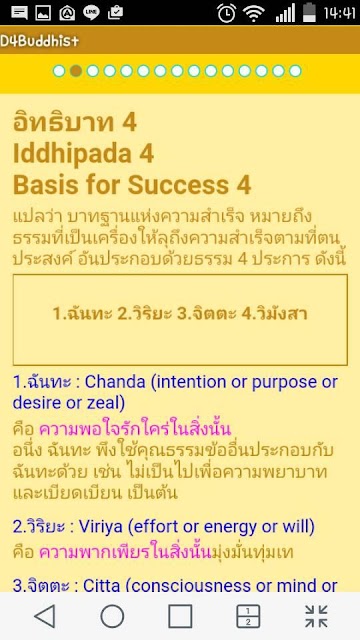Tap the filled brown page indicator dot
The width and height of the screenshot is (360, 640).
coord(76,71)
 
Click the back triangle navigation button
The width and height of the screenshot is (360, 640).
coord(45,616)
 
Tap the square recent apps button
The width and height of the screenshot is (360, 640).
coord(180,616)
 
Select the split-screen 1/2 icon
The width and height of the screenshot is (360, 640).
coord(248,616)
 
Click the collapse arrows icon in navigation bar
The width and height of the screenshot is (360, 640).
coord(316,616)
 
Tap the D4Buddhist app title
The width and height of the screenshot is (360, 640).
coord(39,41)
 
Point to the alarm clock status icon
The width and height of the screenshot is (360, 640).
coord(226,13)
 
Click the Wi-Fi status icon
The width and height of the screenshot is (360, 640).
coord(253,14)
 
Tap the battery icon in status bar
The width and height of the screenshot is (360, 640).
coord(309,13)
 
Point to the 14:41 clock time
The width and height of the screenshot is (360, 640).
coord(340,13)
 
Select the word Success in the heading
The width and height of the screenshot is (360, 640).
coord(178,185)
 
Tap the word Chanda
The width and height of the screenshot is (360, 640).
coord(115,382)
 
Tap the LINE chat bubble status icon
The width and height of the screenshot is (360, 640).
coord(91,13)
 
